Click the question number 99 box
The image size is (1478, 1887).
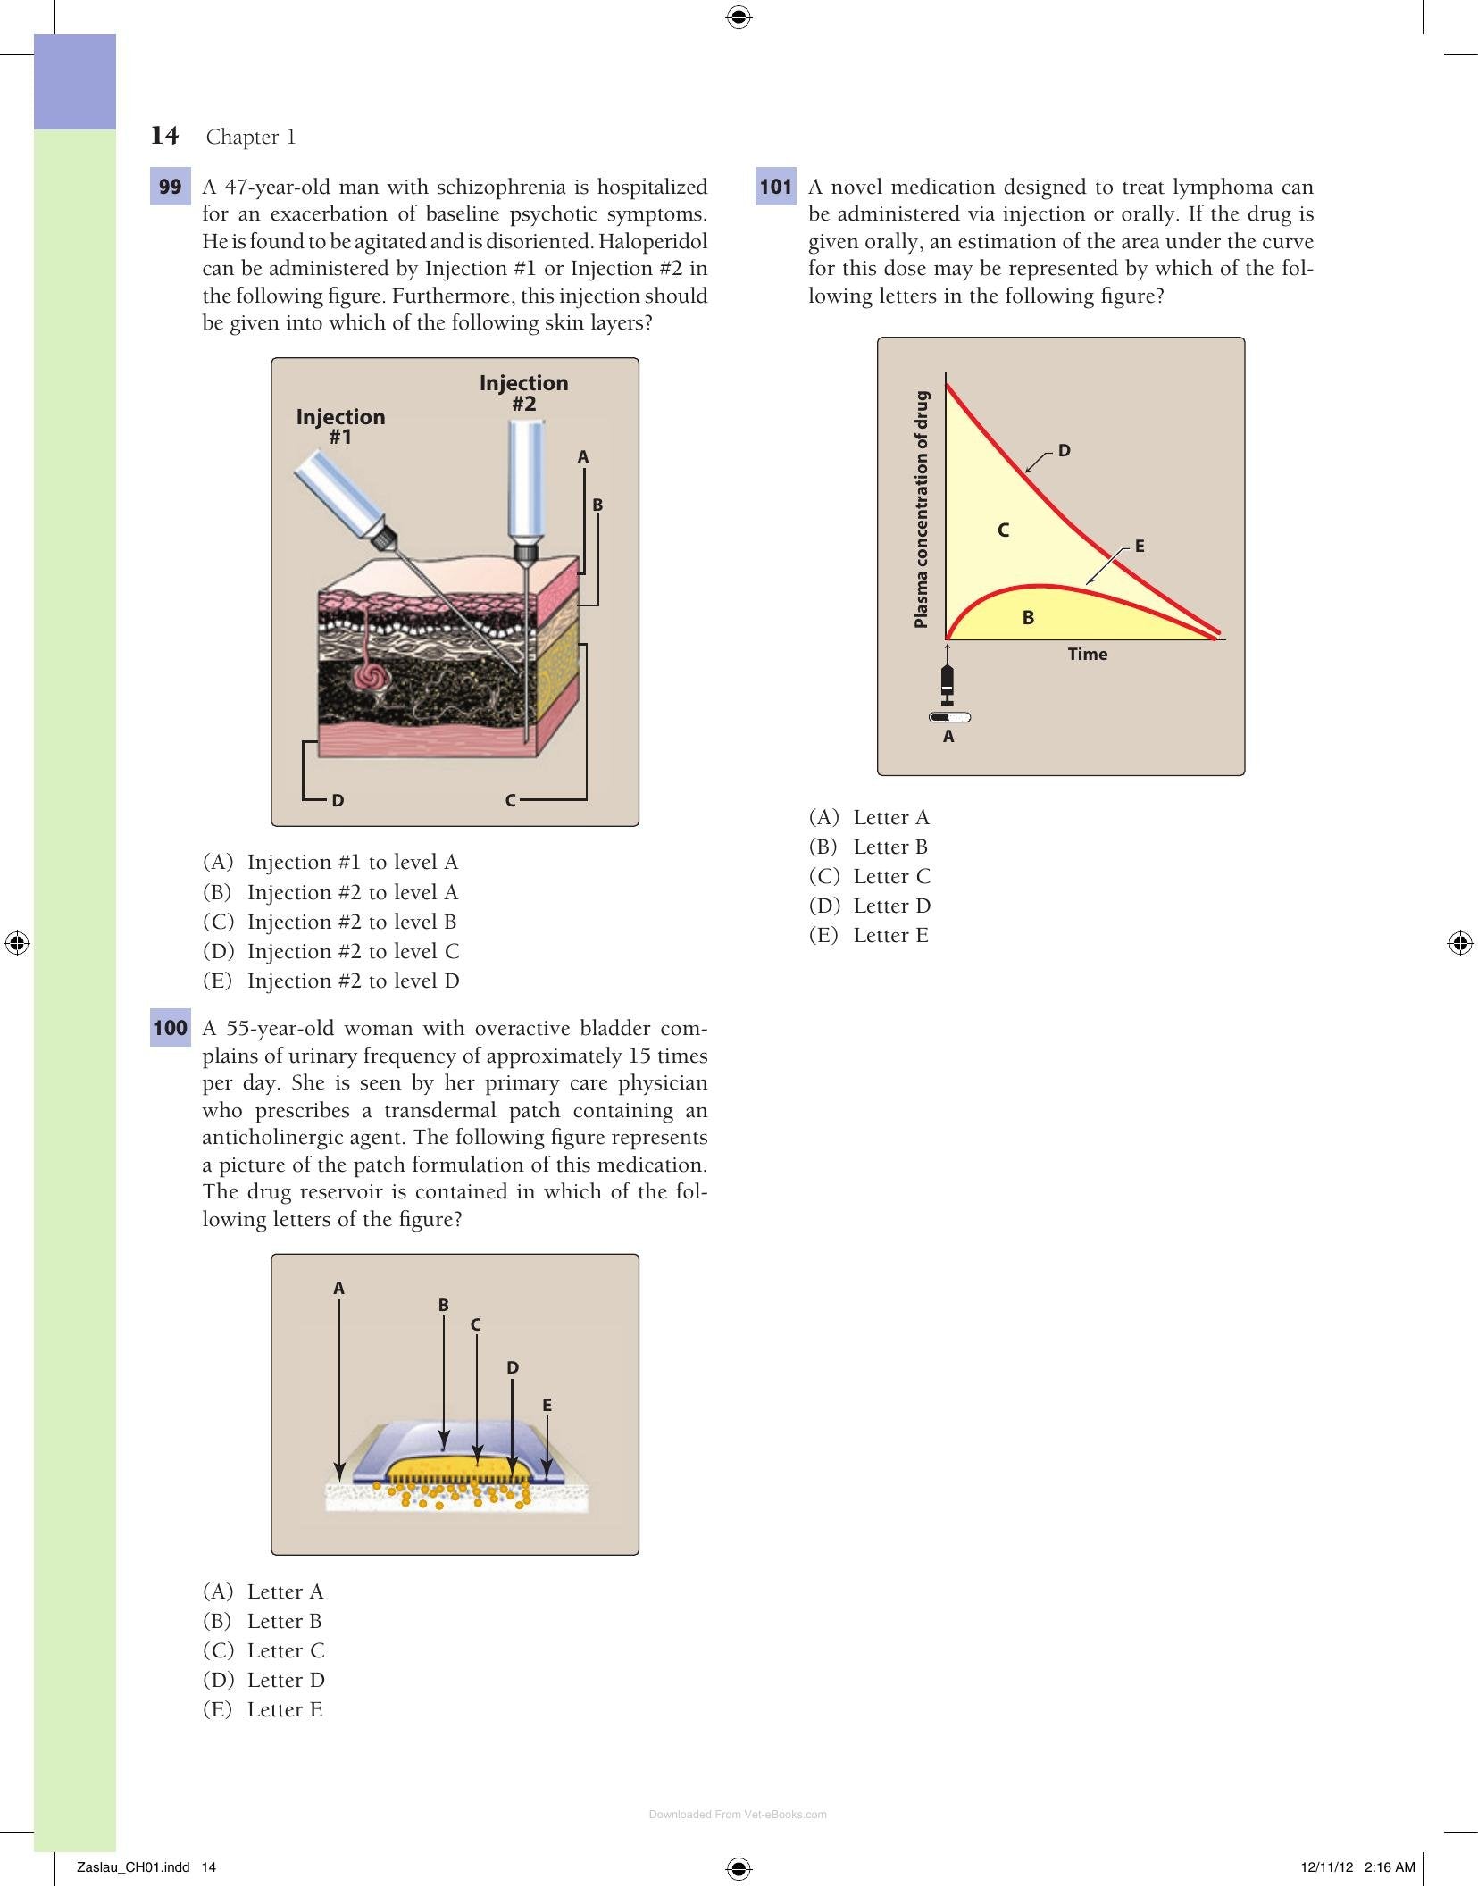click(x=170, y=187)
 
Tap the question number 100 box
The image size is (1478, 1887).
click(x=170, y=1028)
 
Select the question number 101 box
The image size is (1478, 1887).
click(x=776, y=187)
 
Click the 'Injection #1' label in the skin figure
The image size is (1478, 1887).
click(x=340, y=427)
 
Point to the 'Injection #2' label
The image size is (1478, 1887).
click(x=523, y=393)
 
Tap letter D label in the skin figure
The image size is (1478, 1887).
click(x=338, y=800)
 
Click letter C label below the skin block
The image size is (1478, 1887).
click(x=511, y=800)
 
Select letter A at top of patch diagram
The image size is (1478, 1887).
click(x=338, y=1288)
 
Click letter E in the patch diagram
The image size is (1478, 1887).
click(x=547, y=1405)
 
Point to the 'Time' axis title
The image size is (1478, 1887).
click(x=1088, y=654)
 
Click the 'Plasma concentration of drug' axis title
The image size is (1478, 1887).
click(x=922, y=509)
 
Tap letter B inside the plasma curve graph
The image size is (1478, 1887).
click(x=1028, y=617)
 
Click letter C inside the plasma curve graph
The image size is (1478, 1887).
click(x=1004, y=530)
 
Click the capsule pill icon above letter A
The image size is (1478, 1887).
click(x=949, y=717)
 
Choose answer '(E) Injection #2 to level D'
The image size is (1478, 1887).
click(x=331, y=981)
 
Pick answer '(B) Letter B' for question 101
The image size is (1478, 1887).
click(x=868, y=847)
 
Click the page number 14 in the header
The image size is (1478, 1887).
click(x=164, y=136)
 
